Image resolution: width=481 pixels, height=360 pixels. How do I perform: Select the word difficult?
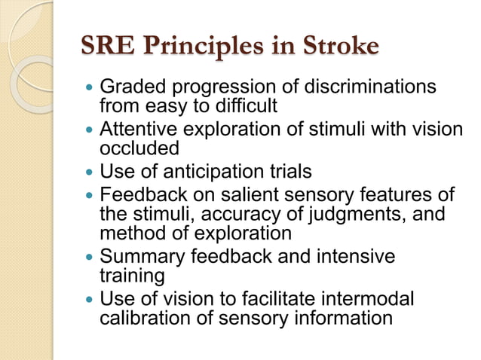pos(240,106)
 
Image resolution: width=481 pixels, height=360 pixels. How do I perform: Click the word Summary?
pos(141,256)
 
